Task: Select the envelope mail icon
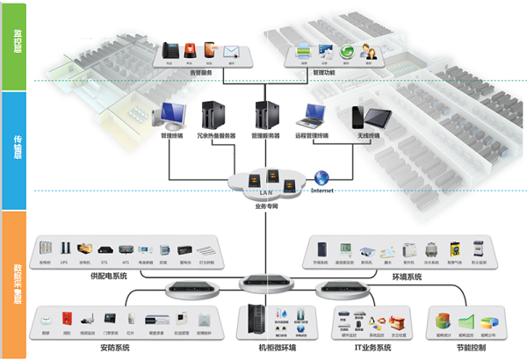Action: [x=230, y=51]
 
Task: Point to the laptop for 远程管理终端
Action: [x=311, y=115]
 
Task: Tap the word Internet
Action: [x=323, y=190]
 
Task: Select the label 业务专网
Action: [x=266, y=205]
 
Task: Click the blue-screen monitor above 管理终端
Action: [x=170, y=115]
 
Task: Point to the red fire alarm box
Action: [x=66, y=318]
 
